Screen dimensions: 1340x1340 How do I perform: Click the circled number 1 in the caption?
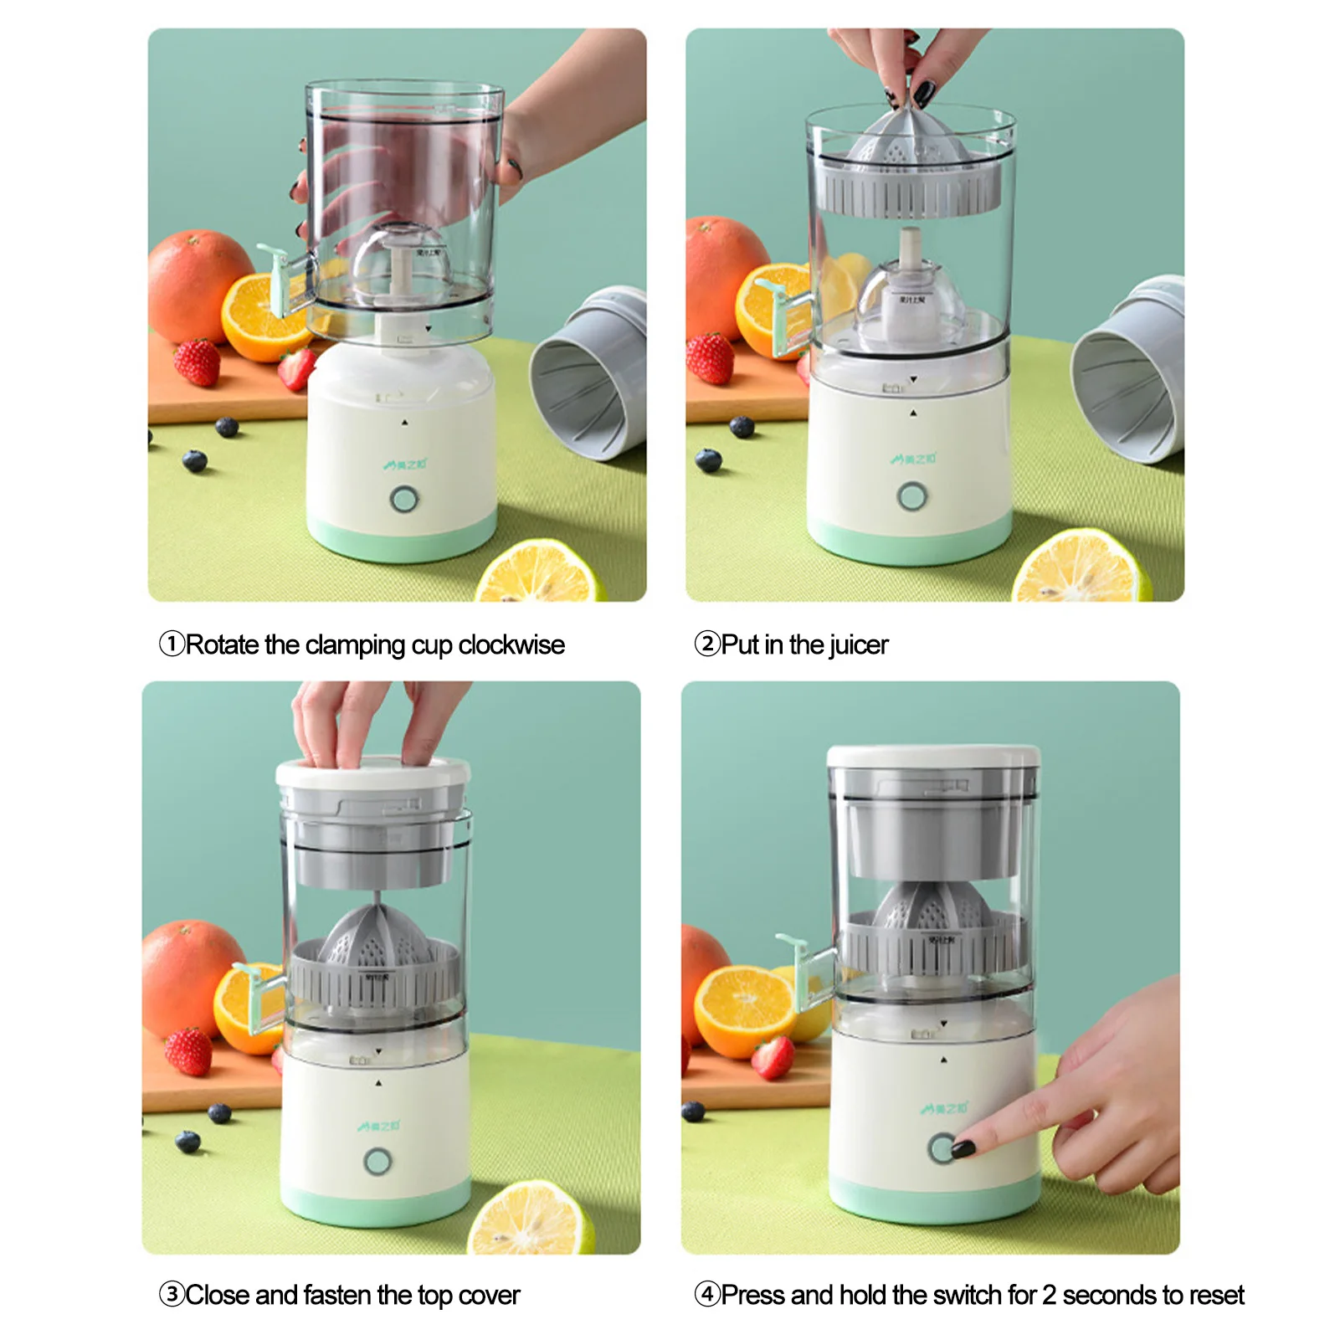pos(172,644)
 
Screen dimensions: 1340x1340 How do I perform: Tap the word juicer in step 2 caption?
pos(859,644)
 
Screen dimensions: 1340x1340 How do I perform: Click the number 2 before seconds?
pos(1049,1295)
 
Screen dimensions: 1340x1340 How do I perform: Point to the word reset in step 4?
pos(1216,1295)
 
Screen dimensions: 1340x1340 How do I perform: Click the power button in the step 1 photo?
pos(404,500)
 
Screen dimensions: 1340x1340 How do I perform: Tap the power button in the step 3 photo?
pos(377,1162)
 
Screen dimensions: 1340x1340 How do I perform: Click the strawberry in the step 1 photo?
pos(198,362)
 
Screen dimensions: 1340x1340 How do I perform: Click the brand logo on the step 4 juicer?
pos(944,1109)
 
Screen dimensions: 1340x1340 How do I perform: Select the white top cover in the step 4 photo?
pos(933,757)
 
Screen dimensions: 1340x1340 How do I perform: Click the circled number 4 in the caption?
pos(707,1294)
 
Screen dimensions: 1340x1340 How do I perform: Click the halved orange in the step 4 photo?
pos(743,1009)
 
